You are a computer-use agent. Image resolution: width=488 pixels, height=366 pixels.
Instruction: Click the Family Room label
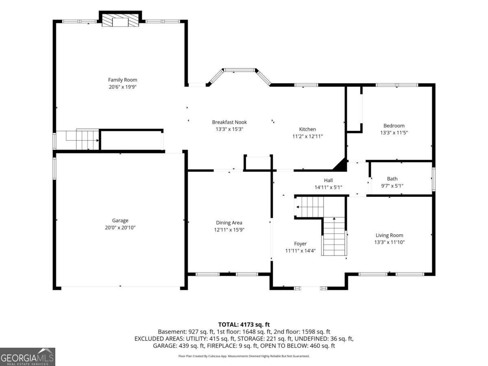click(122, 80)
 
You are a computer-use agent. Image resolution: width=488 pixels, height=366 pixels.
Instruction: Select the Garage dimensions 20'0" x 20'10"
click(120, 228)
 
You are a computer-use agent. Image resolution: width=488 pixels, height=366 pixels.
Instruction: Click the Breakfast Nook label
click(229, 122)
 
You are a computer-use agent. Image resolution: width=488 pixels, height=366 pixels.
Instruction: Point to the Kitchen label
click(307, 129)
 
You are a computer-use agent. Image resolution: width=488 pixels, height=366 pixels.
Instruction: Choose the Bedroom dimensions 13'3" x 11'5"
click(394, 133)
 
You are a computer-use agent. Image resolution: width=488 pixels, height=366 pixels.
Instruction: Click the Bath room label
click(392, 179)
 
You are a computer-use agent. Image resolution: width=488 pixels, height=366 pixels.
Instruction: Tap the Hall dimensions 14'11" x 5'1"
click(328, 187)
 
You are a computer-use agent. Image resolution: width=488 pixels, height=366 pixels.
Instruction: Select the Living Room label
click(389, 235)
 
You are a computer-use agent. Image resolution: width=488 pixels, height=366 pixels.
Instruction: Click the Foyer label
click(301, 244)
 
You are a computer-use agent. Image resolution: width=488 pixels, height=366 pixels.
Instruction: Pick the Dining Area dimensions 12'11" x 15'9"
click(229, 229)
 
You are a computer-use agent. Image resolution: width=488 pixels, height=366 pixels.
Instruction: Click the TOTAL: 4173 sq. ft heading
click(244, 325)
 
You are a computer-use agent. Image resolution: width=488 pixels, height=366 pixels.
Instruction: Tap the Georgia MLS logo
click(28, 357)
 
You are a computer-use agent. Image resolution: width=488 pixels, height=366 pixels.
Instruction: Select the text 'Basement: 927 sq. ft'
click(186, 332)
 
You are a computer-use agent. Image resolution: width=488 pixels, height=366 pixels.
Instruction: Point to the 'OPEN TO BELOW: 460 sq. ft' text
click(297, 346)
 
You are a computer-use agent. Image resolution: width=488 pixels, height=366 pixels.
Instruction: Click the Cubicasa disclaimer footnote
click(244, 356)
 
